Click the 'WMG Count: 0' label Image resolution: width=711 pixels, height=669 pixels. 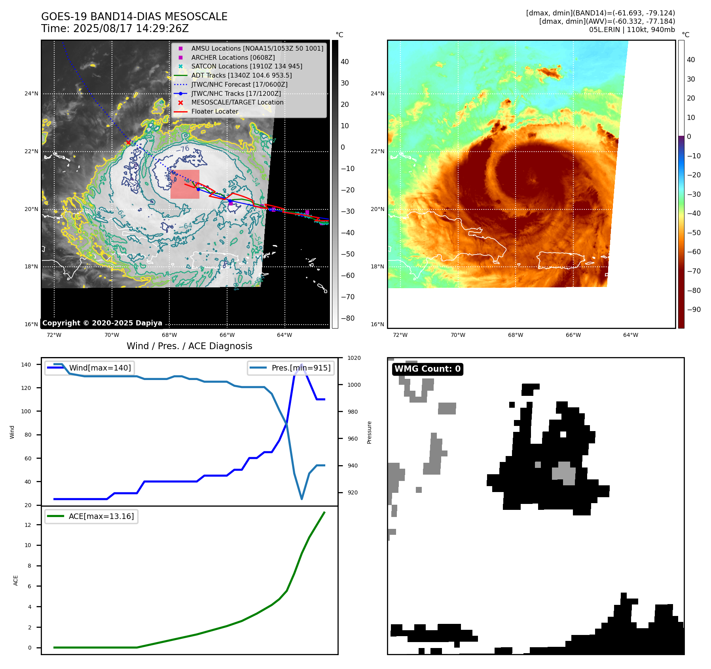coord(427,369)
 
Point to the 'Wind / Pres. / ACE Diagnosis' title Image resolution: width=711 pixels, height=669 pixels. coord(189,346)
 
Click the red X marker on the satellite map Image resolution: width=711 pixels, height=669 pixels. coord(128,142)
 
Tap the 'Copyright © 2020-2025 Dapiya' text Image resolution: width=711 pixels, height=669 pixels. coord(102,323)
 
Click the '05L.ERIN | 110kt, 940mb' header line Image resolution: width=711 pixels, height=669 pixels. coord(631,30)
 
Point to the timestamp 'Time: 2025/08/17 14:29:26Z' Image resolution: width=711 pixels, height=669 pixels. coord(115,29)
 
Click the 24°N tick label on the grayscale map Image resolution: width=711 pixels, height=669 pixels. coord(31,94)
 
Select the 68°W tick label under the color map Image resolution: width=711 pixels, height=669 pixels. coord(515,335)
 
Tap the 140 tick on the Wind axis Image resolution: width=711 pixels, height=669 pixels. coord(26,365)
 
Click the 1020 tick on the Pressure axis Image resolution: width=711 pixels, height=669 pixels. coord(354,358)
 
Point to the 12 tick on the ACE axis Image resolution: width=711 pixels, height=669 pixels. coord(28,525)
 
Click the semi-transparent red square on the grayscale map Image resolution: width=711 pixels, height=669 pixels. coord(185,184)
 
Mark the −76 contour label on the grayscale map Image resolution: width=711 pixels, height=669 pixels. coord(182,149)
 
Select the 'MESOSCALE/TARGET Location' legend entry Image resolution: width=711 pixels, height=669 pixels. coord(237,103)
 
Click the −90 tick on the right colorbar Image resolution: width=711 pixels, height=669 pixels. coord(694,310)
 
